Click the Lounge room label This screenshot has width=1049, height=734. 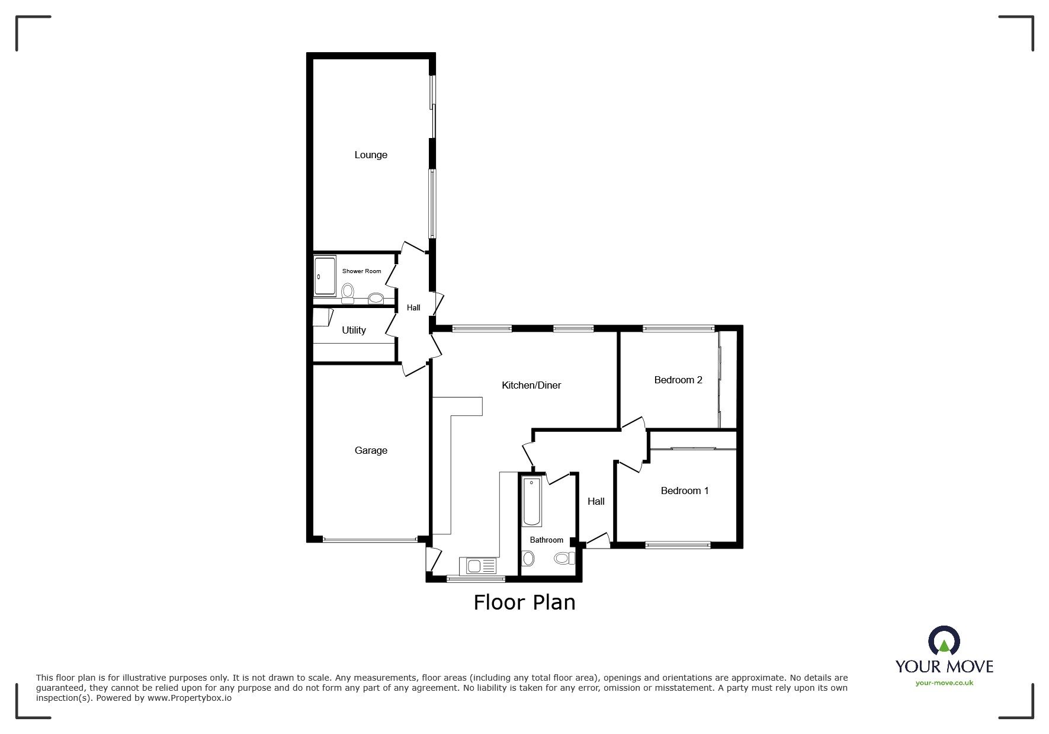(x=371, y=155)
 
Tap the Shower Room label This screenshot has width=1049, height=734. (x=361, y=271)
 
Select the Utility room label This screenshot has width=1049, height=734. (x=354, y=330)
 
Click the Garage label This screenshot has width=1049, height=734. (x=371, y=450)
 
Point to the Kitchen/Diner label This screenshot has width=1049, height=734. (x=531, y=385)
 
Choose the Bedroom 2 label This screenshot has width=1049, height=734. (x=678, y=380)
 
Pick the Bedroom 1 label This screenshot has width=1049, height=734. (x=685, y=491)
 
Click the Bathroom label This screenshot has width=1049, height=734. (x=546, y=540)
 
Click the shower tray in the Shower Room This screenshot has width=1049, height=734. (x=325, y=275)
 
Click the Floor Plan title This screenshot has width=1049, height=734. (x=524, y=602)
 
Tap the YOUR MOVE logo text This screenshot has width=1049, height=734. (x=944, y=666)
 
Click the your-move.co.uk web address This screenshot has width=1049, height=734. (x=944, y=683)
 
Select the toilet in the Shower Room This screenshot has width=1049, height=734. (x=348, y=293)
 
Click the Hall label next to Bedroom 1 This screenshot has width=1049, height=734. (x=596, y=501)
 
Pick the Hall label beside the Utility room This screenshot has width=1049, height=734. (x=413, y=307)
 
